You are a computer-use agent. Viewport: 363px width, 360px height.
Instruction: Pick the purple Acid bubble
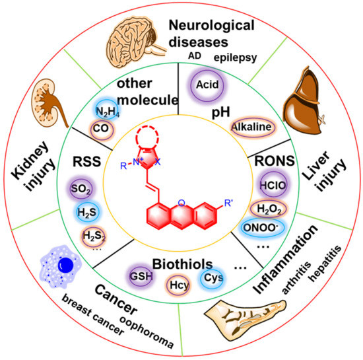[206, 87]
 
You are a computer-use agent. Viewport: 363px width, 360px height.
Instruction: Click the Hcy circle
[178, 285]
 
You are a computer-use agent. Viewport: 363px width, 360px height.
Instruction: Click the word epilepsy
[240, 57]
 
